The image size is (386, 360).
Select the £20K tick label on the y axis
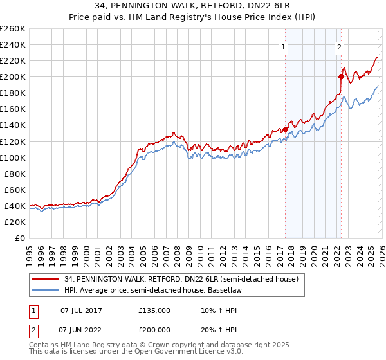[15, 222]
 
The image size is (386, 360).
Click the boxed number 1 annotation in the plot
[284, 46]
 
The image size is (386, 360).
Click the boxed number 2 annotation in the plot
[339, 46]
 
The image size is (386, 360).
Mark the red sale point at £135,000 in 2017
[285, 129]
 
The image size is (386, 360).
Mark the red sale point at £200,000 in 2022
[341, 76]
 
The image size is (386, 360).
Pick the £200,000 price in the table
[154, 329]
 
